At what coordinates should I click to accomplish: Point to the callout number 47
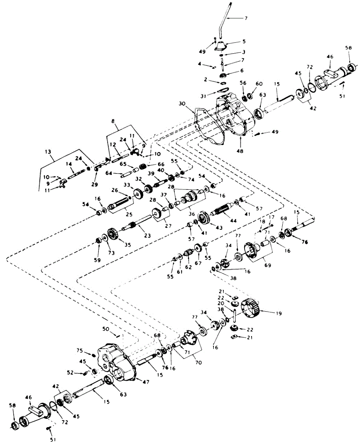(x=145, y=382)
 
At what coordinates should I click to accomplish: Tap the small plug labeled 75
(x=93, y=355)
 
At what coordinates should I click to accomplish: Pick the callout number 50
(x=105, y=329)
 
